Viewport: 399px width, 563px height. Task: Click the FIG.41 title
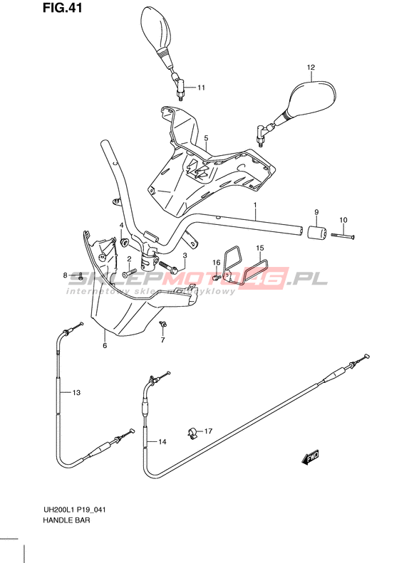62,8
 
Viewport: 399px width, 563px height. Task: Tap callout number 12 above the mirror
311,67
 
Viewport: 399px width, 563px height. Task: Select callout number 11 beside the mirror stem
201,88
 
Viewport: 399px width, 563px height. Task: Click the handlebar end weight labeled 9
316,231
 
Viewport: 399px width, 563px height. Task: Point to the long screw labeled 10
343,236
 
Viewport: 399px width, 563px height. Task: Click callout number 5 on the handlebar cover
207,138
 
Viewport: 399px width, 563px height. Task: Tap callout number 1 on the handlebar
255,204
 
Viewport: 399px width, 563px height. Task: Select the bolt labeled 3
167,267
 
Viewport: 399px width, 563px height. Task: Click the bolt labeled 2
130,273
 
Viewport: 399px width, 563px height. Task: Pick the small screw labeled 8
81,276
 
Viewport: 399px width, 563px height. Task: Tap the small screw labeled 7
163,325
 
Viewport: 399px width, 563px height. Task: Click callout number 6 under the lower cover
105,345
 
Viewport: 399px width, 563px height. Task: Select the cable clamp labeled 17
192,433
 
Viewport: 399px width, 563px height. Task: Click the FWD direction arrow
310,458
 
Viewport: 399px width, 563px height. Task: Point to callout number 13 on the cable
76,392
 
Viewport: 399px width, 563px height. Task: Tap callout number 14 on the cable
162,441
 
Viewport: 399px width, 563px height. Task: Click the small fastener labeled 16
216,277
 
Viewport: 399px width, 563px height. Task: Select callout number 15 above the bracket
260,248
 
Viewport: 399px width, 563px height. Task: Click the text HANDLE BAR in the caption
66,520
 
